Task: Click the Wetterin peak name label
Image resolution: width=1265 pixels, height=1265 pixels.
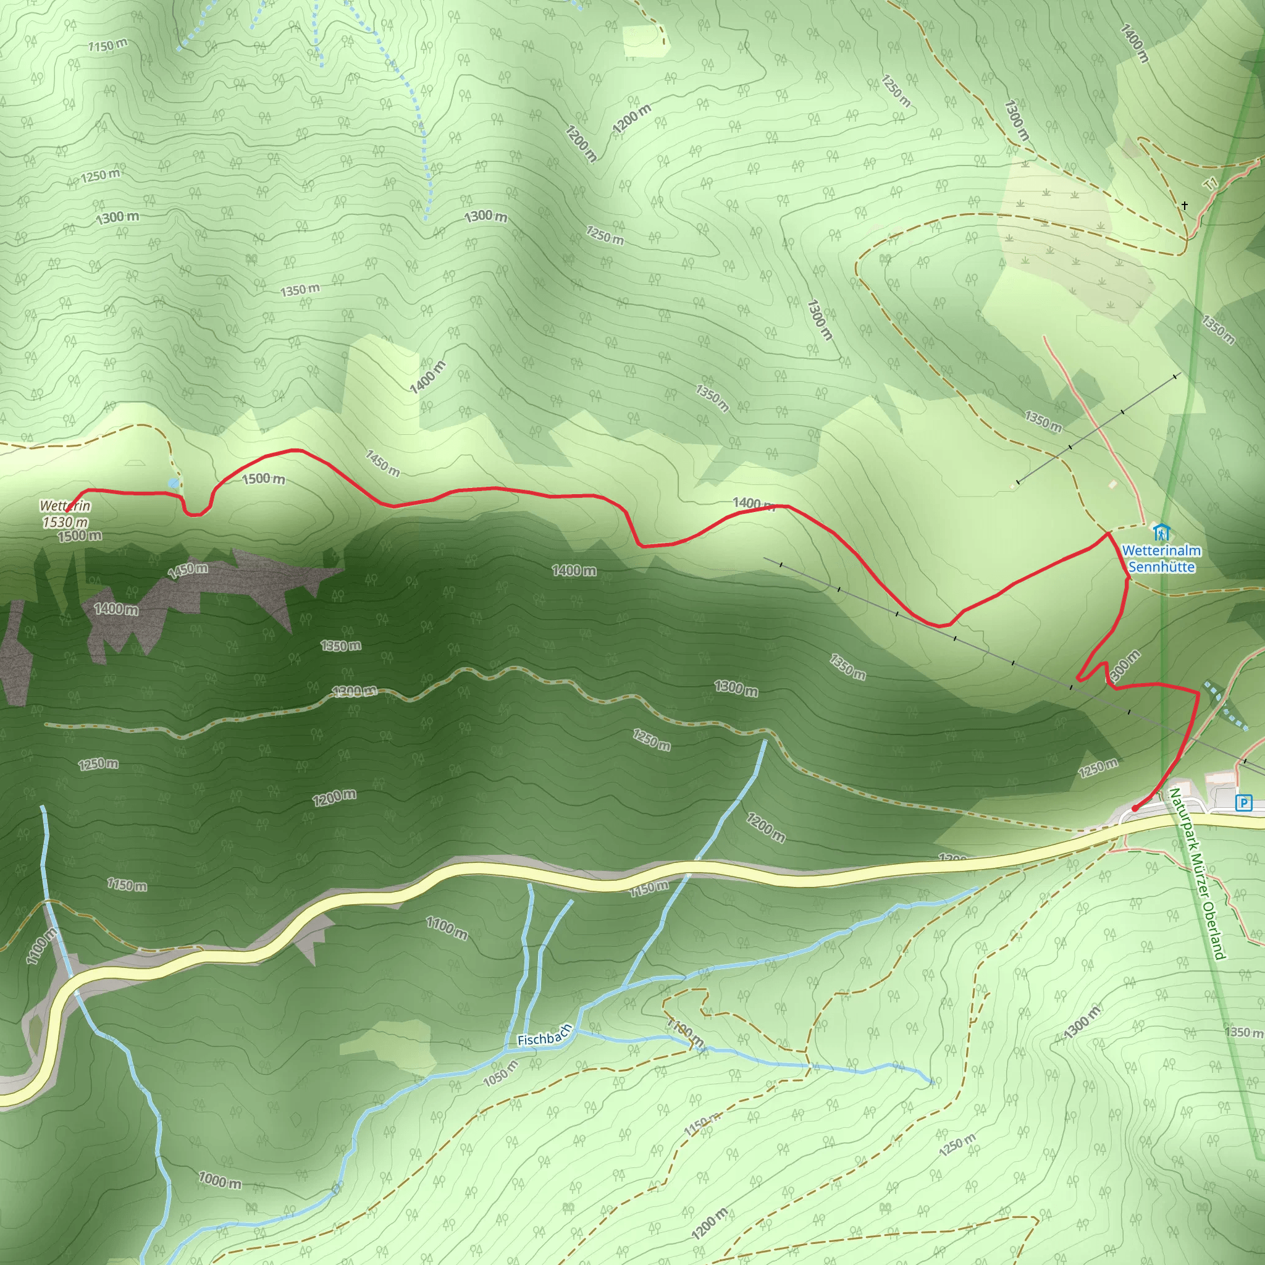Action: coord(65,505)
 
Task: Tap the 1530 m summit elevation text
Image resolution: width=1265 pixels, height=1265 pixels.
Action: coord(65,522)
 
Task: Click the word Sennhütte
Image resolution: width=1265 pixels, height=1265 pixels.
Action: coord(1162,567)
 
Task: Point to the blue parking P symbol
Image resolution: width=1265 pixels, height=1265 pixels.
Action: coord(1243,803)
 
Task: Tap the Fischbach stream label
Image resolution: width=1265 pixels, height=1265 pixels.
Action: coord(544,1036)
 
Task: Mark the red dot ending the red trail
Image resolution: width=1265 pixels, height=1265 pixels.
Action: coord(1135,809)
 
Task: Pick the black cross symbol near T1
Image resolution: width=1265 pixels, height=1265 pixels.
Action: coord(1185,206)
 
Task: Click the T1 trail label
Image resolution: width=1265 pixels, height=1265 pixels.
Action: coord(1212,185)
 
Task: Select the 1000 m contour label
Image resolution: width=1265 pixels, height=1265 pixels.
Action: coord(220,1180)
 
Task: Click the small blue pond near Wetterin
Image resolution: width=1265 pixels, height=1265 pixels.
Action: coord(173,483)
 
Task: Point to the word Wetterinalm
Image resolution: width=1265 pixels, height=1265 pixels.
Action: coord(1162,550)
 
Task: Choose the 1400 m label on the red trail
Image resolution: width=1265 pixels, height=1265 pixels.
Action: coord(753,503)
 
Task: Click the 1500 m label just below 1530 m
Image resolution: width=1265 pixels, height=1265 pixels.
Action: coord(80,536)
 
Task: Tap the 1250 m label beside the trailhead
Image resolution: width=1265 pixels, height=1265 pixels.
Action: coord(1098,768)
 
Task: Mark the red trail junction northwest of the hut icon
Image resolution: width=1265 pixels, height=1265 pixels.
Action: coord(1108,534)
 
